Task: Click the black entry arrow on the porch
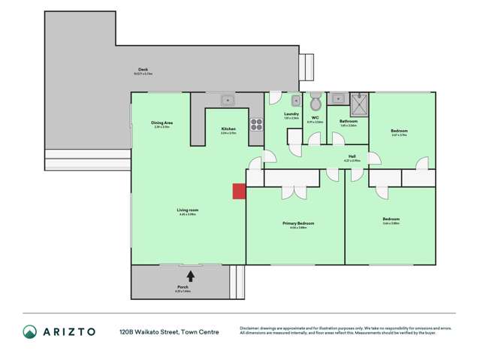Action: point(191,277)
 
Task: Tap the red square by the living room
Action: point(239,192)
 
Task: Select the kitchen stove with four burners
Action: point(256,123)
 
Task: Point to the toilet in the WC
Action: point(316,101)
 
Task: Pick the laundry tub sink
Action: point(296,100)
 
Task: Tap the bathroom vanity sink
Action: point(337,98)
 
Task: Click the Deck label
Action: point(143,69)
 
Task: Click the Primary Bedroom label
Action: point(298,223)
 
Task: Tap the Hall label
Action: point(352,156)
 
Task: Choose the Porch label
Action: point(183,287)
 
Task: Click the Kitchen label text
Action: point(228,129)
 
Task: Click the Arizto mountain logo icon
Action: point(29,331)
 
